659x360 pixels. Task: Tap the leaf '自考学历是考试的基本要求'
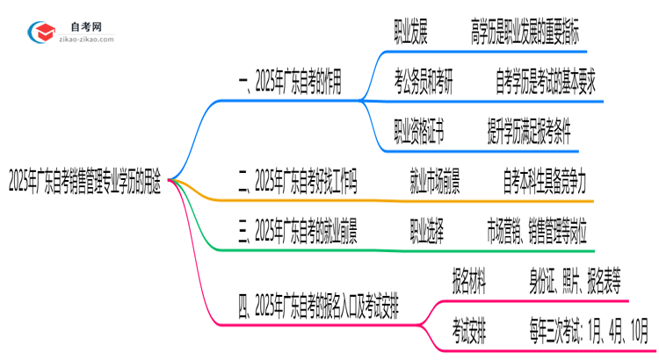point(546,85)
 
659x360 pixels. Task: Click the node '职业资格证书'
point(419,133)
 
